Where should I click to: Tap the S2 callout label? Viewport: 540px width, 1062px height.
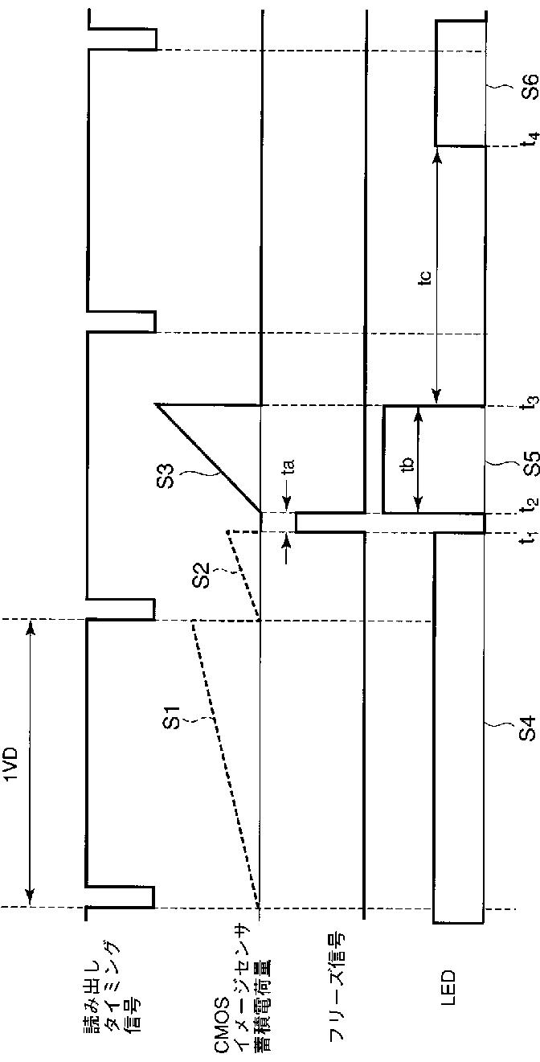click(x=203, y=574)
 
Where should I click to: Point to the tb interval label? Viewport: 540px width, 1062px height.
click(x=408, y=465)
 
